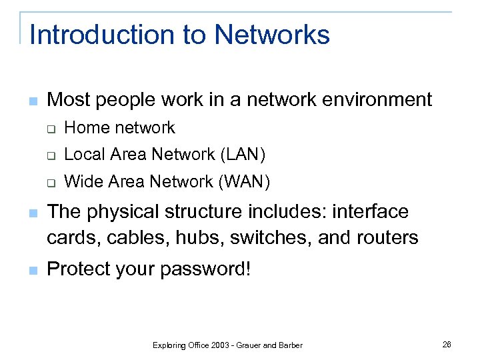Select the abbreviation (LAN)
click(x=242, y=155)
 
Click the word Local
click(x=84, y=155)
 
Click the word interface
click(x=370, y=212)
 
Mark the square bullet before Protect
click(x=33, y=271)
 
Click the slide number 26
click(x=447, y=344)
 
